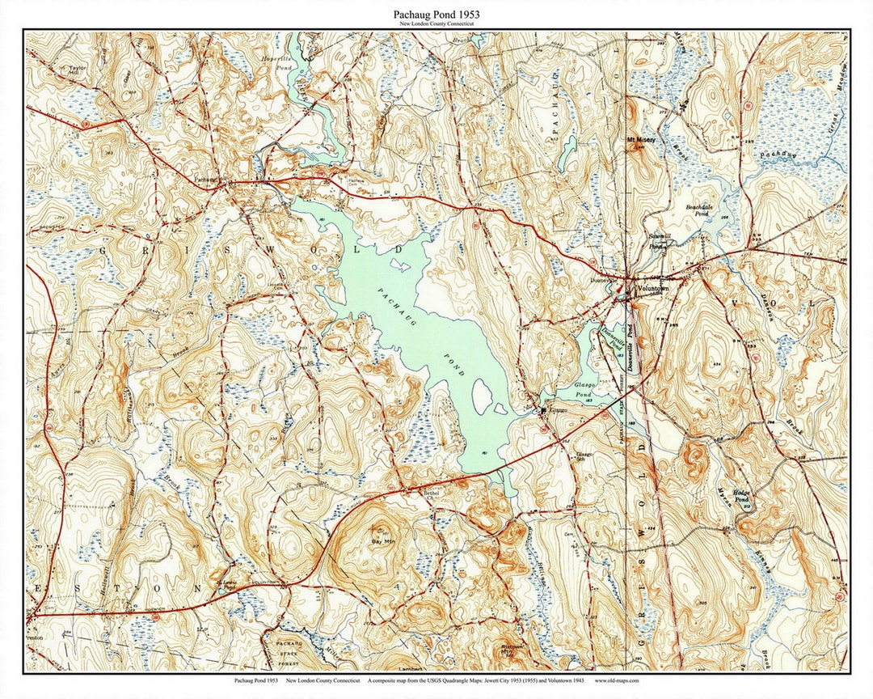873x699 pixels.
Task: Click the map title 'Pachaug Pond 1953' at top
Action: point(436,15)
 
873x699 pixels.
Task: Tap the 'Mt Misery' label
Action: point(642,140)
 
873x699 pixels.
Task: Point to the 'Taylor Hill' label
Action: point(77,70)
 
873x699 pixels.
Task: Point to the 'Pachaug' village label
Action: point(206,180)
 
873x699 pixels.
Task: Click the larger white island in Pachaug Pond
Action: point(483,397)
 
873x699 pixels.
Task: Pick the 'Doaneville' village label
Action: point(605,281)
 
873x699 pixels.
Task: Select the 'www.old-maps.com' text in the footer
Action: point(617,681)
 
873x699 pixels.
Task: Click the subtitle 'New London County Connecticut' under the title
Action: point(436,25)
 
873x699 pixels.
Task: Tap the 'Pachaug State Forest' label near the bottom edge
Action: point(288,647)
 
